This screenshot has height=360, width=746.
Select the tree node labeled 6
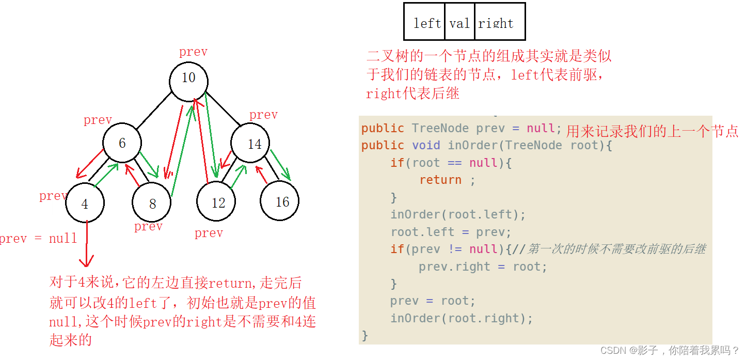point(122,143)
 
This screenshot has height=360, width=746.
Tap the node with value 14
point(255,144)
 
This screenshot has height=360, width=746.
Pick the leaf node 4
point(85,203)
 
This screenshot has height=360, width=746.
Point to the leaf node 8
point(152,204)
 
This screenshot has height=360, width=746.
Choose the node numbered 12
point(218,202)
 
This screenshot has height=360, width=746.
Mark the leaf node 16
point(282,201)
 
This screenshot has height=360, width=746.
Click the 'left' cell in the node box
point(426,23)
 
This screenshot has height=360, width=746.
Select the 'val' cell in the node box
point(459,23)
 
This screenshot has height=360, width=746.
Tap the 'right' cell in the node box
point(496,23)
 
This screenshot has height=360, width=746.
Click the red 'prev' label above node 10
point(193,52)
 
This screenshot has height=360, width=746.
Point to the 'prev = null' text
point(38,238)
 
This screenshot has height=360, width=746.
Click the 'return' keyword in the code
point(440,180)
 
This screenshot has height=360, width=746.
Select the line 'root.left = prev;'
point(450,232)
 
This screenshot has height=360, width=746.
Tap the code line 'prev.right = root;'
point(483,267)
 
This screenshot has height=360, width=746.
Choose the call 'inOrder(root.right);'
point(461,318)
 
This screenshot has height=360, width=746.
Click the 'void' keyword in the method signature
point(426,145)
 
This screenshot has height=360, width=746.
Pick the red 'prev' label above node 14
point(263,115)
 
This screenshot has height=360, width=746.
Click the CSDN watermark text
point(670,350)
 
